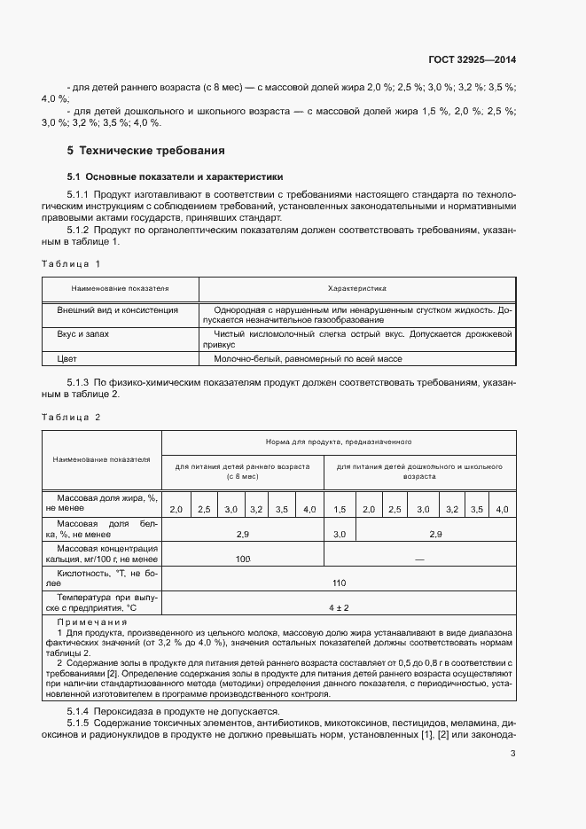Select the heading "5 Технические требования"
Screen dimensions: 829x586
[x=146, y=151]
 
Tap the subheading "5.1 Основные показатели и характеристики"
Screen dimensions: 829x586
[x=176, y=176]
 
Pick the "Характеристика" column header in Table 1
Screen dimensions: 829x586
[x=357, y=289]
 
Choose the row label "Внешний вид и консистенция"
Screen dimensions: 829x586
[x=118, y=310]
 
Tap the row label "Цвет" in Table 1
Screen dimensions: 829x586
[x=67, y=359]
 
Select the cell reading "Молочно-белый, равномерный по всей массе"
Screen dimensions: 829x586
[x=308, y=359]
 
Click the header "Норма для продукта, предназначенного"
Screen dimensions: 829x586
[x=339, y=441]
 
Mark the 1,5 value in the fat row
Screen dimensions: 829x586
[x=340, y=509]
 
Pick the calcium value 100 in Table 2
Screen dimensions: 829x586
[x=243, y=559]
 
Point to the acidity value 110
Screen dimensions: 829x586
[x=339, y=583]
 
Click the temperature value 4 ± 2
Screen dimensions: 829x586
[x=339, y=607]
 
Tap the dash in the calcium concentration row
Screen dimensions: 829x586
[x=419, y=559]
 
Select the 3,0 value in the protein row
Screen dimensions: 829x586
[x=340, y=535]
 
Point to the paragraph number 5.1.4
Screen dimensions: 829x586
[x=83, y=711]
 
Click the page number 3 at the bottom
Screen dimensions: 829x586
[x=512, y=755]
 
